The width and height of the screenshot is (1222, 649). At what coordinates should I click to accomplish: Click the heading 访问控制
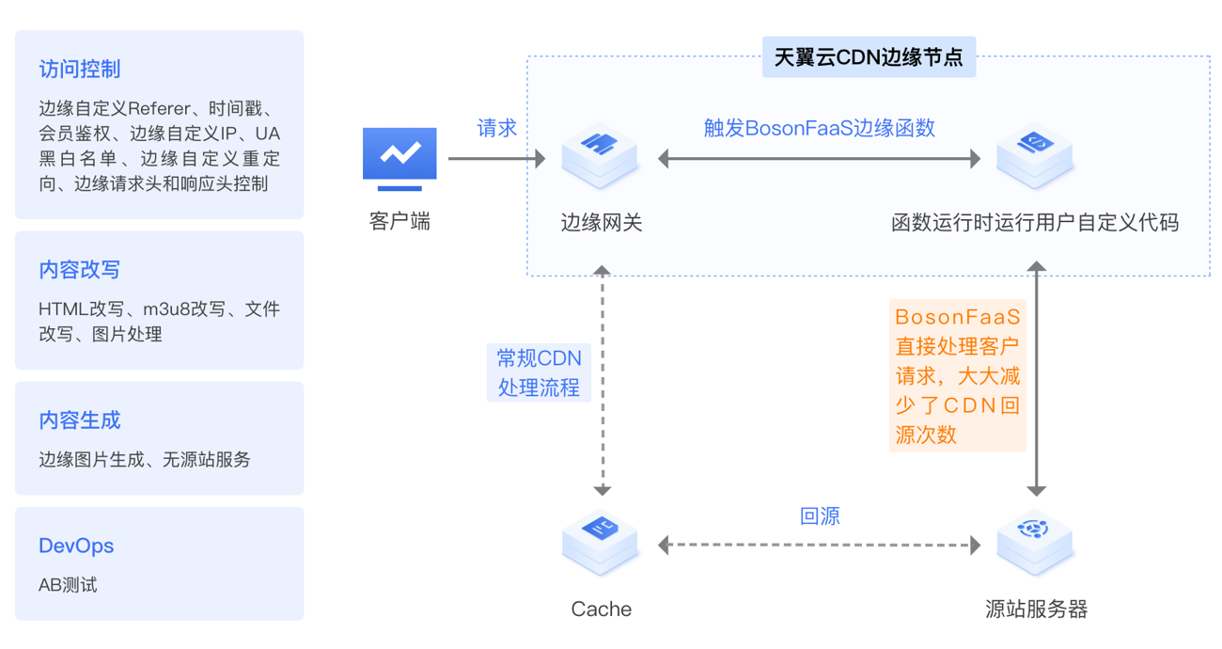(x=80, y=70)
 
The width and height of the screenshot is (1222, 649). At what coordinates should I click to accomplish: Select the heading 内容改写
(x=80, y=270)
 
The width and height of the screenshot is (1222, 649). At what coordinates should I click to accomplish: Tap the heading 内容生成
(x=80, y=420)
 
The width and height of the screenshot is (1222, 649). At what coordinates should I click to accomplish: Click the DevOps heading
(x=76, y=546)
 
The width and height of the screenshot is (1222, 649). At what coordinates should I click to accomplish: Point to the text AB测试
(x=68, y=585)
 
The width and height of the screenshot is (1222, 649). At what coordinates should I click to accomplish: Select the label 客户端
(x=399, y=223)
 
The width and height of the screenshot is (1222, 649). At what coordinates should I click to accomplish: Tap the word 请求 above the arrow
(x=496, y=129)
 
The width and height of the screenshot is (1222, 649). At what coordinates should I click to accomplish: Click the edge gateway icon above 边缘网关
(x=600, y=156)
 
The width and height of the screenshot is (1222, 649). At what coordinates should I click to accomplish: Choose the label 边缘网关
(x=602, y=223)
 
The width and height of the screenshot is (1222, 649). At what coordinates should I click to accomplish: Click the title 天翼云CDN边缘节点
(x=869, y=57)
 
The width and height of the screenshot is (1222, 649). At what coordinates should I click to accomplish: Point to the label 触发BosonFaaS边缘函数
(x=820, y=129)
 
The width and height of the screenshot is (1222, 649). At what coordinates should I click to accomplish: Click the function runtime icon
(x=1035, y=156)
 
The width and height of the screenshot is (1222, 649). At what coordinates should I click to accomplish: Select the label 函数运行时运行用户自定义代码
(x=1035, y=223)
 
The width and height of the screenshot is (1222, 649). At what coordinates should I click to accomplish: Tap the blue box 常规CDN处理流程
(x=540, y=372)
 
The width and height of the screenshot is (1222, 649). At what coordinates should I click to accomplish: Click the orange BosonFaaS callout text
(x=958, y=374)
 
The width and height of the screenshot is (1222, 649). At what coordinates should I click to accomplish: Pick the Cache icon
(x=600, y=543)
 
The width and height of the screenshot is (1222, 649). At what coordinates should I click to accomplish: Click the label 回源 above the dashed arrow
(x=820, y=516)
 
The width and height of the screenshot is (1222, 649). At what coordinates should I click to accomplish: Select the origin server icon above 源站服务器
(x=1035, y=543)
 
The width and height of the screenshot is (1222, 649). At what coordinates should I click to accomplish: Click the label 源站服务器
(x=1036, y=609)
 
